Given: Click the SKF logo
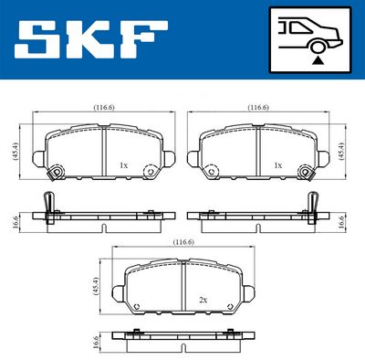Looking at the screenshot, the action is (91, 39).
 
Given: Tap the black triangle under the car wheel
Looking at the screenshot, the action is (317, 61).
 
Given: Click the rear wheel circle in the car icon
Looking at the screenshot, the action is (317, 48).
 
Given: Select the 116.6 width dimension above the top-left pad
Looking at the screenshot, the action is (104, 108).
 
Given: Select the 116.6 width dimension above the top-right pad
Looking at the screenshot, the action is (258, 108).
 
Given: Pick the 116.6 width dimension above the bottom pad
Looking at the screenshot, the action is (183, 242).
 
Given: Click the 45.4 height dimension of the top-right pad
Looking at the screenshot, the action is (341, 152).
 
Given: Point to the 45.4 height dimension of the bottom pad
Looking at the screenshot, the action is (95, 286).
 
